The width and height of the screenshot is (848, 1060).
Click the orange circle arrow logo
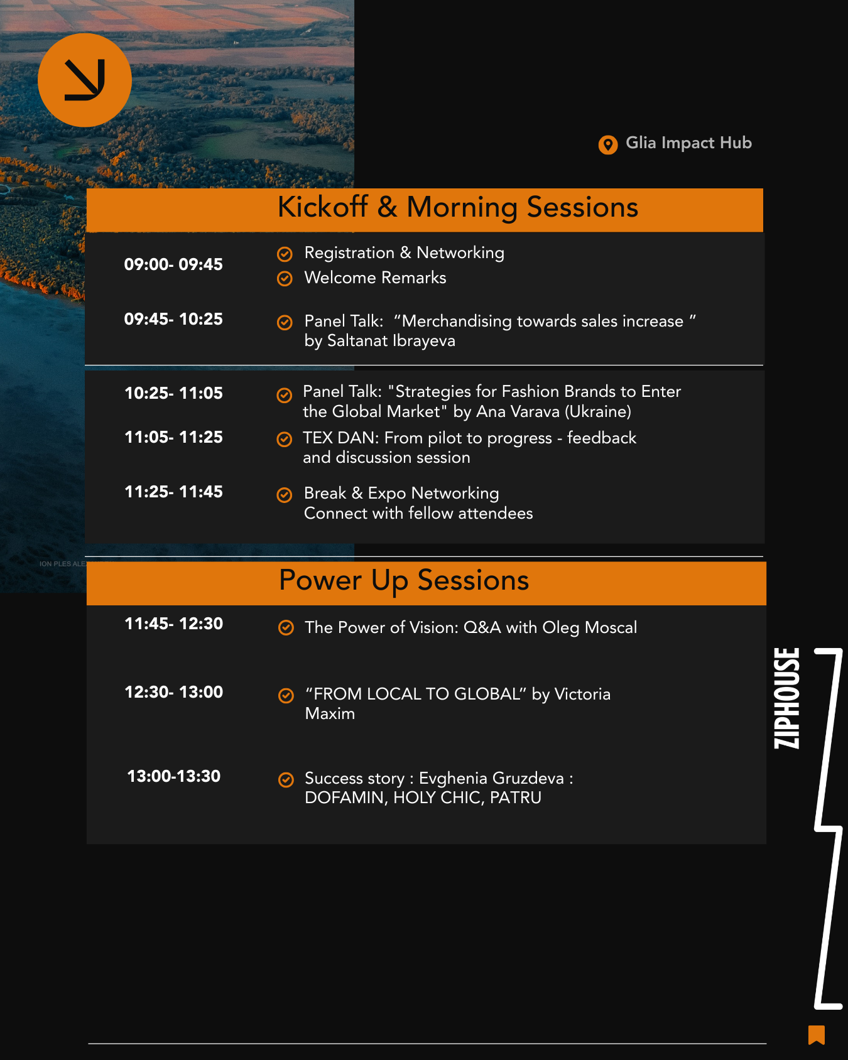click(85, 80)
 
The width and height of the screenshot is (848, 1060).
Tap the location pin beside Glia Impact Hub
click(607, 144)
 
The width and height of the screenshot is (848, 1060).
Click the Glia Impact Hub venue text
click(688, 143)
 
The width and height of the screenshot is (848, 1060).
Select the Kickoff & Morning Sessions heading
click(458, 207)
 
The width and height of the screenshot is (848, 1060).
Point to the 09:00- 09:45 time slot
click(173, 264)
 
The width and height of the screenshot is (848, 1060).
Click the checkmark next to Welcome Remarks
click(285, 278)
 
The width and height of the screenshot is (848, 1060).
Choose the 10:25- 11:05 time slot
click(173, 393)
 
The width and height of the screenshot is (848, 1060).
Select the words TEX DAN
click(339, 438)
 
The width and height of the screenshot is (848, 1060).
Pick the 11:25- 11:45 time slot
click(173, 492)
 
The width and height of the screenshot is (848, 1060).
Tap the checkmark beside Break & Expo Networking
click(285, 495)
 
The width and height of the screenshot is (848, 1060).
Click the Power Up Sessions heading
click(404, 580)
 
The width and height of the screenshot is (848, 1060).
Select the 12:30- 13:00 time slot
click(173, 692)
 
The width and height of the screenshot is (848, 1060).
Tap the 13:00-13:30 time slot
click(173, 776)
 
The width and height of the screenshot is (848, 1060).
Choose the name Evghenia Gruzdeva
click(491, 779)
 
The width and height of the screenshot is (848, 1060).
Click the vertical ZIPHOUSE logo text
click(787, 698)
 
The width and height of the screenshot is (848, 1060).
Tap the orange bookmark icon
click(817, 1035)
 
